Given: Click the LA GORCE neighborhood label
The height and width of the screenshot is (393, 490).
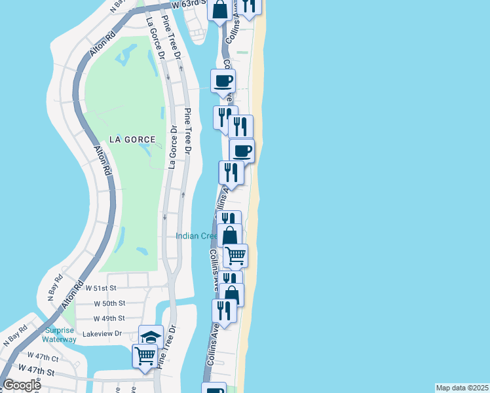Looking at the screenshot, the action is pos(134,140).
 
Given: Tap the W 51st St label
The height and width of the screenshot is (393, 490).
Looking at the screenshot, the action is pos(101,288).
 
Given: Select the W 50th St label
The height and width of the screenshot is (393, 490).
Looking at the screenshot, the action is pos(109,303).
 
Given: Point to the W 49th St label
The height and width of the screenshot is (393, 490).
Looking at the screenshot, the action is pos(109,318).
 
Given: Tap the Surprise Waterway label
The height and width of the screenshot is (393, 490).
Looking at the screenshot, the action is pos(60,335).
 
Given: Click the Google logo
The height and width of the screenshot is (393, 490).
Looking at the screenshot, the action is pos(22,385).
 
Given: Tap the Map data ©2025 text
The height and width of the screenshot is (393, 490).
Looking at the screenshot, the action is pos(462,388).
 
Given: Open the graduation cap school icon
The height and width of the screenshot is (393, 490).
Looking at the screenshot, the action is pos(151,337).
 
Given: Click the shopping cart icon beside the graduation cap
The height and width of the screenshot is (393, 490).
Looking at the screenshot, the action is pos(145,356).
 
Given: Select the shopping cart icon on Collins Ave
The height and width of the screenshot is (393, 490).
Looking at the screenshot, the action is pos(235,255).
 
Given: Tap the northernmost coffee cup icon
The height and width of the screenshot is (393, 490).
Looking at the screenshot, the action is pos(223,81).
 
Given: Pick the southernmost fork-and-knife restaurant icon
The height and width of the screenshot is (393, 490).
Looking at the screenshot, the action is pos(224,311).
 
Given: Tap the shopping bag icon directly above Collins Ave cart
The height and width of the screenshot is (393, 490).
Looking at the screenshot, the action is pos(230,235).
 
